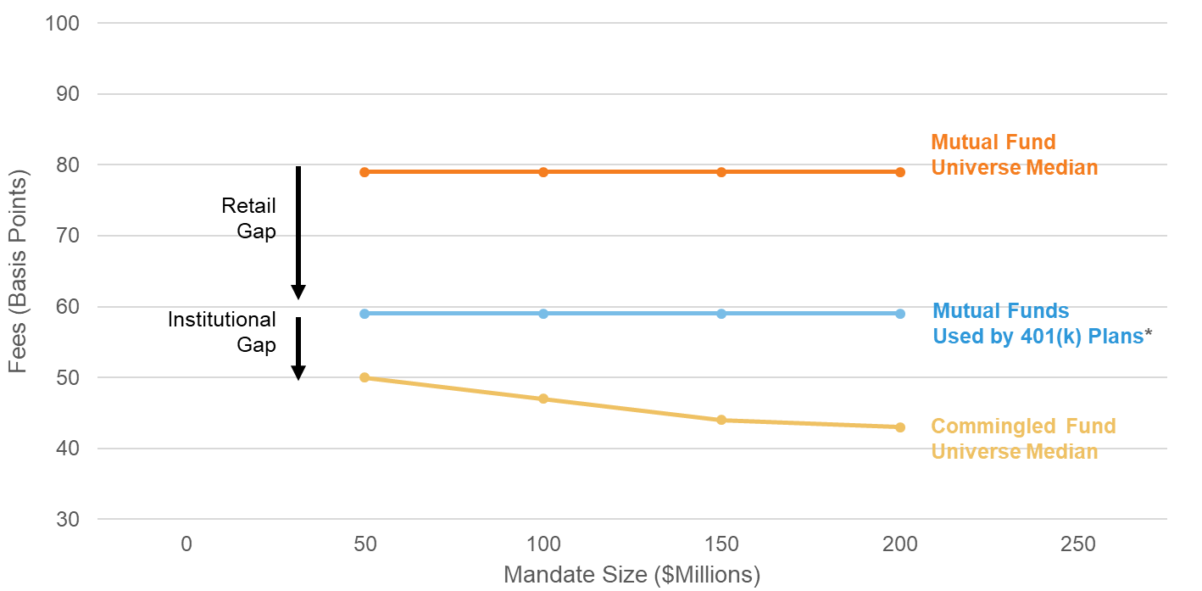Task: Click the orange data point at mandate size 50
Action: click(364, 172)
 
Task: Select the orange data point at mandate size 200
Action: click(899, 172)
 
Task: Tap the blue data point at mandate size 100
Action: click(543, 314)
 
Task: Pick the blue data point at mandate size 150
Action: click(721, 314)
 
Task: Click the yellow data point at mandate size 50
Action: click(364, 377)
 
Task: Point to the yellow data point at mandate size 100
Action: click(543, 399)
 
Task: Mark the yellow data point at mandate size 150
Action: click(721, 420)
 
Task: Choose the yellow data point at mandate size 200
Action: click(899, 427)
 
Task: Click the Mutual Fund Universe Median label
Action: click(1014, 154)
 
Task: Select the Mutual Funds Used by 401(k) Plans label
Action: click(1042, 323)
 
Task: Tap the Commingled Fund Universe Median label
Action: click(1023, 438)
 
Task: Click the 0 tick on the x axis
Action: click(186, 544)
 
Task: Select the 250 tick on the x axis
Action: click(1077, 544)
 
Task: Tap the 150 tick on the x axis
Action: click(721, 544)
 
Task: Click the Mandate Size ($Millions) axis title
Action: click(632, 575)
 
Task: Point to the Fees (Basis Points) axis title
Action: click(19, 271)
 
